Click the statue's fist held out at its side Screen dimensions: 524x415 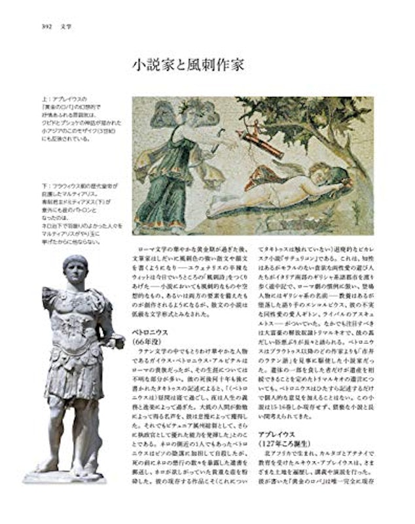(x=118, y=341)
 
